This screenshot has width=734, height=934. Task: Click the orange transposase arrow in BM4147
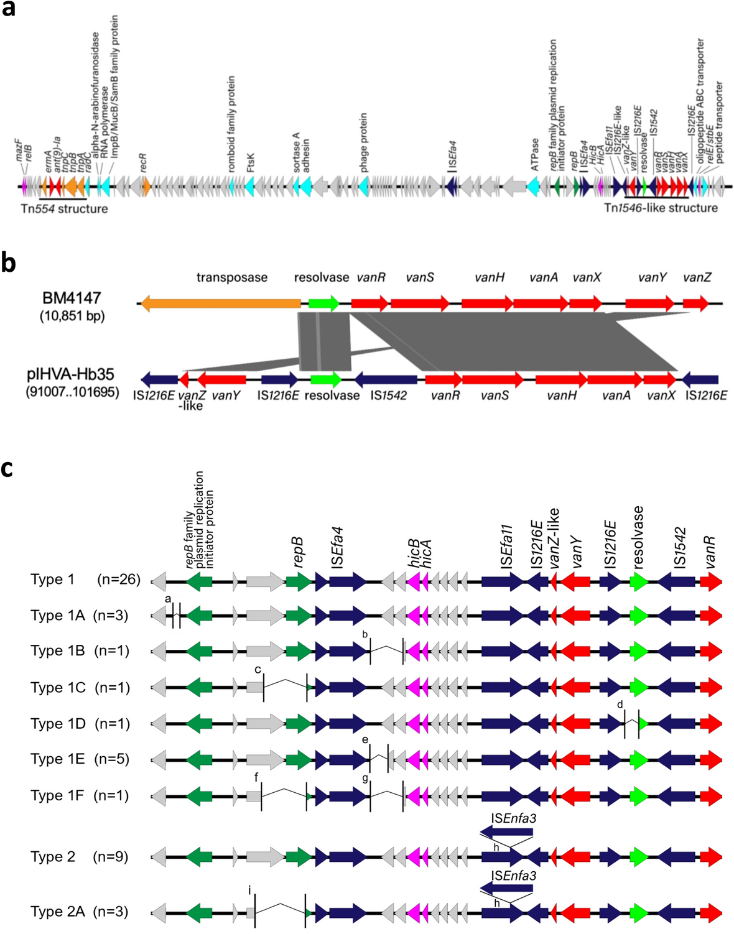pos(221,303)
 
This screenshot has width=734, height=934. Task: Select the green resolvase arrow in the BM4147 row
pos(323,303)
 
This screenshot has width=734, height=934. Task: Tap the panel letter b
pos(8,263)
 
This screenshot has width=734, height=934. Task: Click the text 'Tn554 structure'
pos(64,209)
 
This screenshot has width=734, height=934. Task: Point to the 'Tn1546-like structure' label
pos(661,208)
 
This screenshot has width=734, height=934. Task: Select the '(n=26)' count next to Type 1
pos(119,580)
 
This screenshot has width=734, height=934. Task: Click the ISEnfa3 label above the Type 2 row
pos(513,818)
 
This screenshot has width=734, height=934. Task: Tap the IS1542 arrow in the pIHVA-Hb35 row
pos(386,379)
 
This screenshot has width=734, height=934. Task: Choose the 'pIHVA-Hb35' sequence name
pos(71,374)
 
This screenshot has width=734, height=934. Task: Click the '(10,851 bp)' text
pos(72,316)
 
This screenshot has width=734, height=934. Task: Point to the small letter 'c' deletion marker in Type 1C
pos(258,670)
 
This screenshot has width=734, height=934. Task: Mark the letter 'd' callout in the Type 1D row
pos(620,705)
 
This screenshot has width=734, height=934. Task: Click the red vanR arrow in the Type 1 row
pos(710,581)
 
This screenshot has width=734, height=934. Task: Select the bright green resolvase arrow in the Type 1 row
pos(639,581)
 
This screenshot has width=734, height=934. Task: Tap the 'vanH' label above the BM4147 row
pos(489,277)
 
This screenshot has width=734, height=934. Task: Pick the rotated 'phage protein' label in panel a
pos(363,142)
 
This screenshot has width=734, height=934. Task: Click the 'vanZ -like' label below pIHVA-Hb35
pos(191,400)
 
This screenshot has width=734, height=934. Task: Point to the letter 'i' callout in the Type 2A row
pos(249,891)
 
